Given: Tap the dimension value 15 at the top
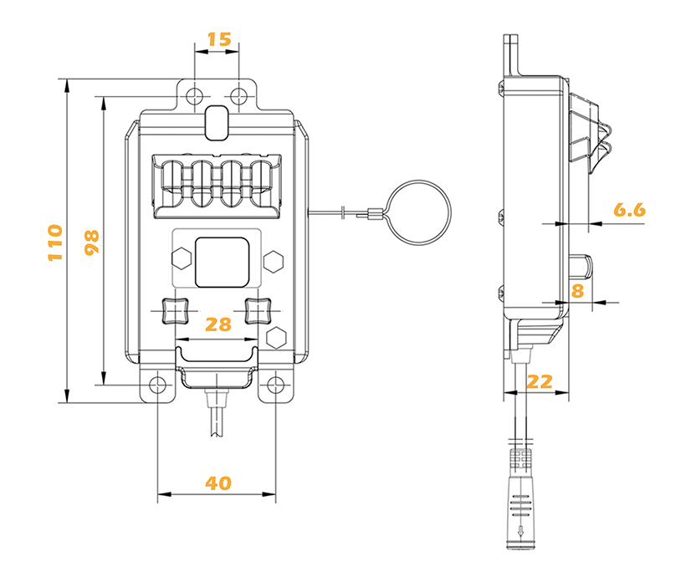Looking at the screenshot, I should (218, 39).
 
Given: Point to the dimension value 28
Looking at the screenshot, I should (218, 324).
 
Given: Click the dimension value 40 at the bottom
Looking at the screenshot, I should (218, 482).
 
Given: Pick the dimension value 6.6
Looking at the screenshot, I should (629, 210).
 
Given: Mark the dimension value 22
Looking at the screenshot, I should (540, 381).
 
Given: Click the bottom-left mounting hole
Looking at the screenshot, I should (157, 385).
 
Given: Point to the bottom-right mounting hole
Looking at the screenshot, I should (276, 385).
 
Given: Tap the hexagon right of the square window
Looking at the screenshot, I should (272, 261).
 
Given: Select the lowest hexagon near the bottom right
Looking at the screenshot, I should (276, 338).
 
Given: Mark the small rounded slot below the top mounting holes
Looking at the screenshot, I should (216, 122).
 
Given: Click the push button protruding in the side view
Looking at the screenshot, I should (582, 267).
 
